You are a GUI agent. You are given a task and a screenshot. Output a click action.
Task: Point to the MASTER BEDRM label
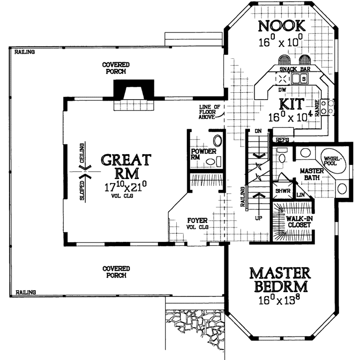pos(279,280)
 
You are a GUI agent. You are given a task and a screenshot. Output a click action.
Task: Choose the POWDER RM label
pos(203,155)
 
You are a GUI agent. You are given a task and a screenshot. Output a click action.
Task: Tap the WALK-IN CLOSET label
pos(299,221)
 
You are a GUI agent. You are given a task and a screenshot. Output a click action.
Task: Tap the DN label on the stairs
pos(257,131)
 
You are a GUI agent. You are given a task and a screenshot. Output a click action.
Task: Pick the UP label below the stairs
pos(259,218)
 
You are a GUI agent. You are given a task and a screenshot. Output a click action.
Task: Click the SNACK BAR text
pos(292,70)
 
